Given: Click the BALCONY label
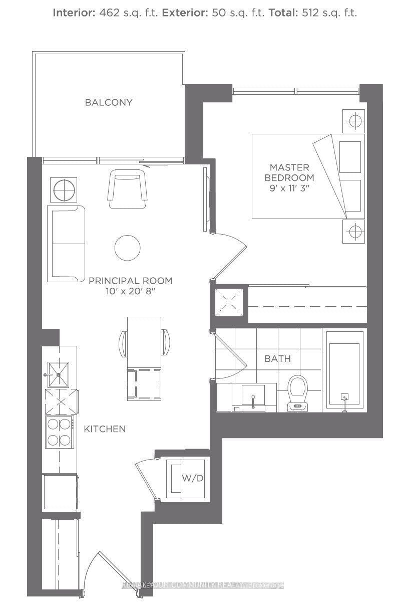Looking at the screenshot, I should coord(109,102).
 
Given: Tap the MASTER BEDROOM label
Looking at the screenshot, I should coord(289,172).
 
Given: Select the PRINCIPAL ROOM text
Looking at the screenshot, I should coord(130,281).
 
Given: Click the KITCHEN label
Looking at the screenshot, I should coord(104,429).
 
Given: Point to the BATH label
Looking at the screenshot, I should coord(277,359).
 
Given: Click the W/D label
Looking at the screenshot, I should coord(192,478).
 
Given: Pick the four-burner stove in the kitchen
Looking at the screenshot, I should coord(59,432).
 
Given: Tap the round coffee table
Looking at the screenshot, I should coord(127,248).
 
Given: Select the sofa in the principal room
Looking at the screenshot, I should coord(67,244).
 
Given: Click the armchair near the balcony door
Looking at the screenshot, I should coord(128,188).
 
